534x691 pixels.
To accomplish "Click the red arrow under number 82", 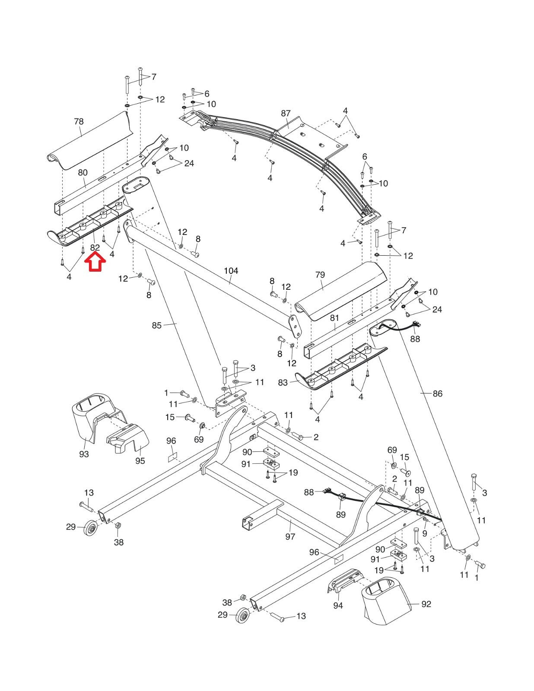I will tap(95, 262).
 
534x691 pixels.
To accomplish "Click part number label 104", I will tap(231, 271).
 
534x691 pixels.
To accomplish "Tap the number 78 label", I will tap(79, 122).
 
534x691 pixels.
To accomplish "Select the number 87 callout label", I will tap(286, 114).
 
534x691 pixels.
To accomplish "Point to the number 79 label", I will tap(320, 275).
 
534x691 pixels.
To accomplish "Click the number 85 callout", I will tap(156, 325).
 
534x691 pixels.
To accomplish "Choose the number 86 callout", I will tap(437, 393).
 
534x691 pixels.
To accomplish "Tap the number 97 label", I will tap(290, 536).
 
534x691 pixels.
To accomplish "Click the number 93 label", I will tap(84, 454).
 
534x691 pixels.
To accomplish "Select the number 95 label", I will tap(140, 461).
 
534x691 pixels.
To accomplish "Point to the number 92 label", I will tap(426, 604).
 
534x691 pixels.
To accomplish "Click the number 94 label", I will tap(338, 606).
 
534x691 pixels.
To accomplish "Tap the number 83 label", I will tap(283, 383).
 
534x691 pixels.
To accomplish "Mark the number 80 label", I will tap(83, 173).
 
